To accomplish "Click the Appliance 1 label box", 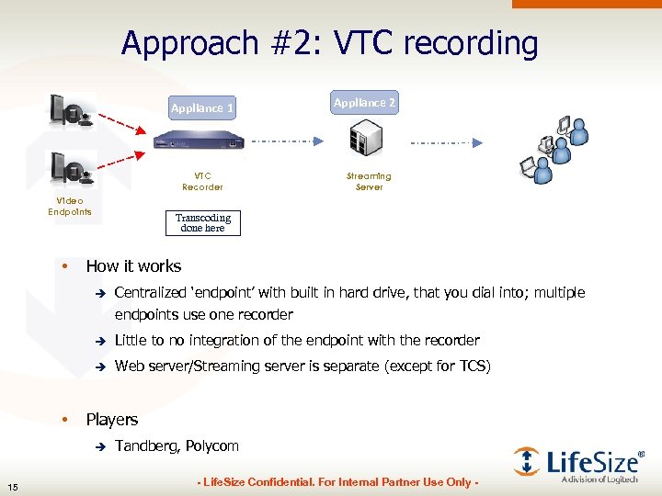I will tap(202, 108).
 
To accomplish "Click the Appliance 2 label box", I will tap(365, 103).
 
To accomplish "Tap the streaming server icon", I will tap(364, 141).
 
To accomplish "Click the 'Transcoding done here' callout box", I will tap(203, 223).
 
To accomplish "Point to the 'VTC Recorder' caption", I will tap(202, 181).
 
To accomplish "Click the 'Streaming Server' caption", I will tap(369, 181).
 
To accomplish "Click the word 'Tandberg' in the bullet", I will tap(147, 445).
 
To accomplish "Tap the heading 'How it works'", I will tap(133, 266).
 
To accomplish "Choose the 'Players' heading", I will tap(111, 420).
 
